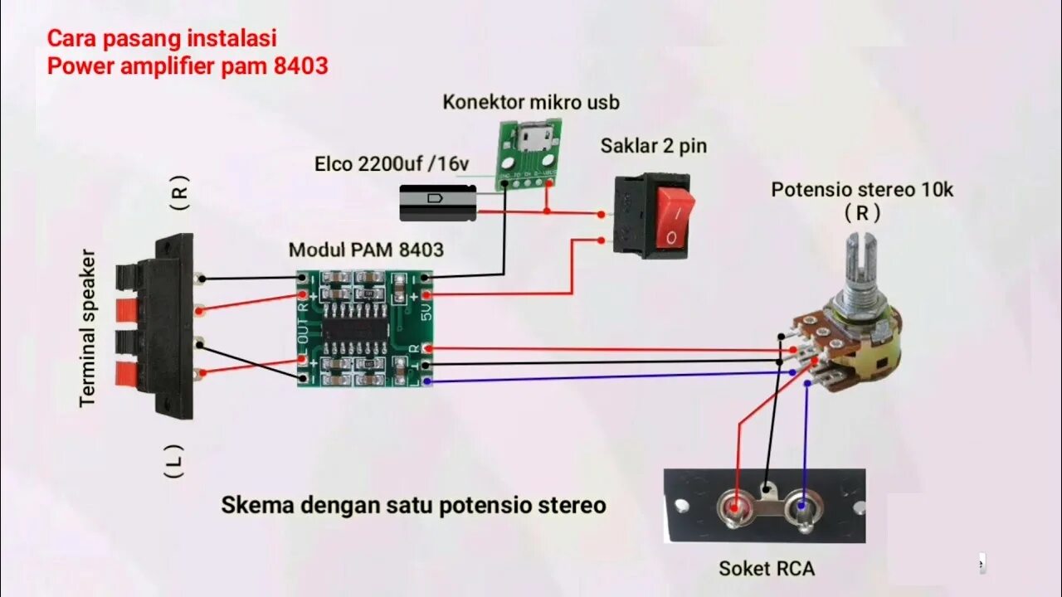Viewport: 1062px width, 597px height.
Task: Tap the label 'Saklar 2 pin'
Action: pyautogui.click(x=654, y=147)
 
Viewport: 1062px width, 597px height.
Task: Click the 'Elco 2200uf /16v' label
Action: pyautogui.click(x=391, y=164)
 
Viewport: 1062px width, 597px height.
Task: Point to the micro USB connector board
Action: pyautogui.click(x=528, y=153)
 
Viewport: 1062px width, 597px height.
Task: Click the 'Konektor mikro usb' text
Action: pyautogui.click(x=531, y=103)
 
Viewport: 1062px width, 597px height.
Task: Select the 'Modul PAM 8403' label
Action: pyautogui.click(x=366, y=250)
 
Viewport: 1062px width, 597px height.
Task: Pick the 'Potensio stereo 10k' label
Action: pyautogui.click(x=862, y=190)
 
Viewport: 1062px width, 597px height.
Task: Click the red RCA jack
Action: pyautogui.click(x=735, y=506)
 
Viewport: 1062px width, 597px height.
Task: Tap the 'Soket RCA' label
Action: pyautogui.click(x=766, y=569)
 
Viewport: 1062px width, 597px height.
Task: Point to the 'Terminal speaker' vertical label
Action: pyautogui.click(x=89, y=328)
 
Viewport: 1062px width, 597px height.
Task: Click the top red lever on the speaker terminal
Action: pyautogui.click(x=127, y=309)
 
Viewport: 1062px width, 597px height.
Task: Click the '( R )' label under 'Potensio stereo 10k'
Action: pyautogui.click(x=862, y=213)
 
